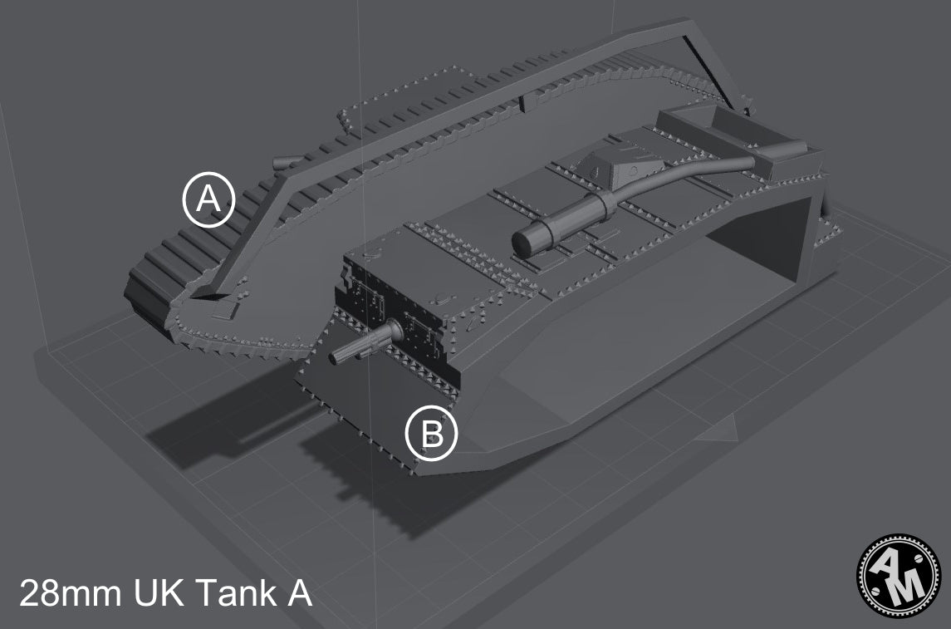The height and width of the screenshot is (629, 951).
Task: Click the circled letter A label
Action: click(x=209, y=199)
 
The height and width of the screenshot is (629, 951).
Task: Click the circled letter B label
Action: click(x=431, y=433)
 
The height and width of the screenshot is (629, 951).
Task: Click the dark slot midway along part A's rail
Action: click(x=521, y=103)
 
